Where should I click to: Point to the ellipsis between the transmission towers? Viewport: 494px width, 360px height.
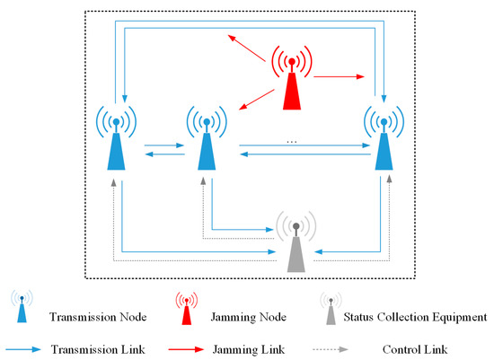point(291,141)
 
